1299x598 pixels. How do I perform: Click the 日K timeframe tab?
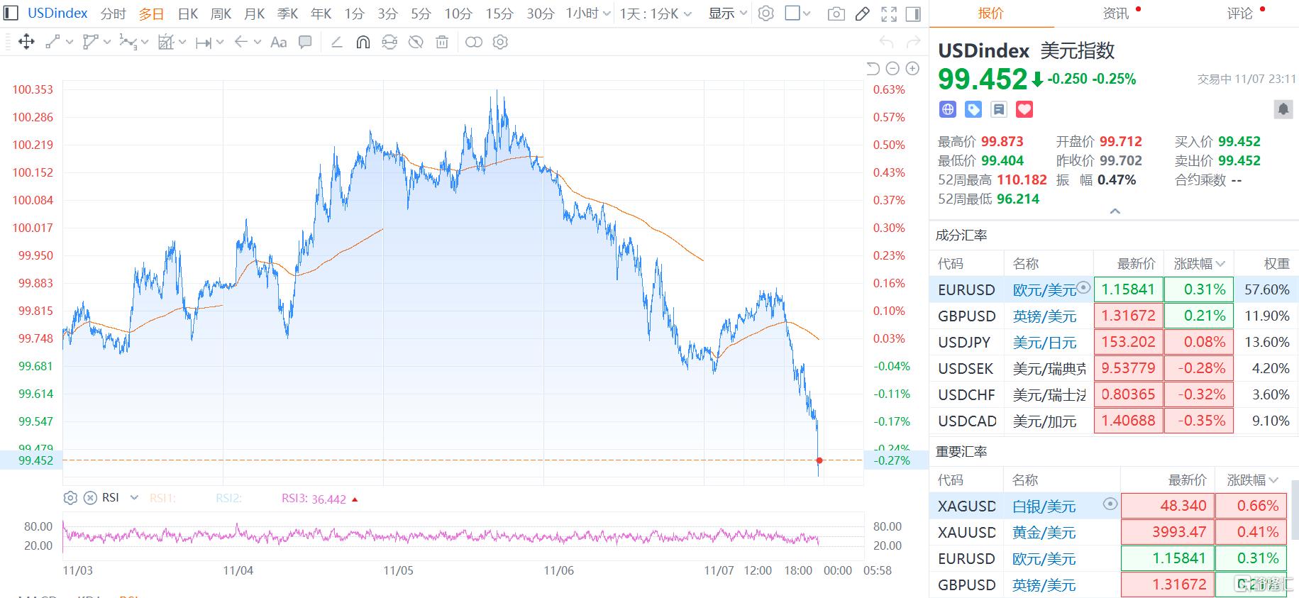(x=188, y=13)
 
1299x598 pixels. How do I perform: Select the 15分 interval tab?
(x=499, y=13)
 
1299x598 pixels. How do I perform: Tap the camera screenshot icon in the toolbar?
(x=836, y=13)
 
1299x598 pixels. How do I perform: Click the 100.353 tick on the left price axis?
(x=33, y=89)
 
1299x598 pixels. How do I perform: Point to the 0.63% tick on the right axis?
(x=889, y=89)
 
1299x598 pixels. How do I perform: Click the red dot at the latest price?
(x=819, y=460)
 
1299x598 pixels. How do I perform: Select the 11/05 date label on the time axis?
(x=398, y=570)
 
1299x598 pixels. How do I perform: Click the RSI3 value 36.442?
(x=328, y=499)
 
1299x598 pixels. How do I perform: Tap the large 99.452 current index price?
(x=983, y=79)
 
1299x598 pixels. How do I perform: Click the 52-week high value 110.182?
(x=1022, y=180)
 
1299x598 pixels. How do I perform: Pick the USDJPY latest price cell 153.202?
(x=1128, y=342)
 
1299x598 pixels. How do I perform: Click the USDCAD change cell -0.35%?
(x=1201, y=421)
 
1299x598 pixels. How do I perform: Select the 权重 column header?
(x=1276, y=264)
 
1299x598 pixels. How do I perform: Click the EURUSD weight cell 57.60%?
(x=1266, y=289)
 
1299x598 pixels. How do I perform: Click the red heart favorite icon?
(x=1024, y=109)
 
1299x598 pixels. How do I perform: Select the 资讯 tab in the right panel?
(x=1116, y=13)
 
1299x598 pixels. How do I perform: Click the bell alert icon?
(x=1283, y=109)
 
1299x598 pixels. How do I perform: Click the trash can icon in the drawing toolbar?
(x=442, y=43)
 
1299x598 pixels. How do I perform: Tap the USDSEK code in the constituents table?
(x=966, y=368)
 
